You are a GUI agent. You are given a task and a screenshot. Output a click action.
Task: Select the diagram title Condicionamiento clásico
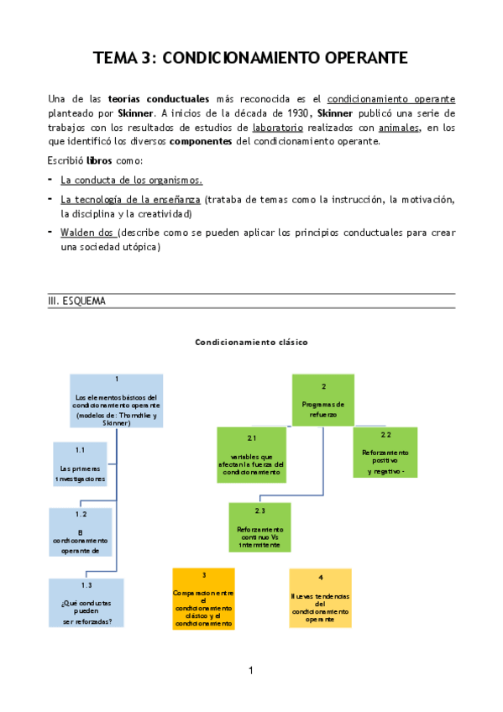(252, 342)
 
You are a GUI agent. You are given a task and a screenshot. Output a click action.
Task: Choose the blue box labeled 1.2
(81, 532)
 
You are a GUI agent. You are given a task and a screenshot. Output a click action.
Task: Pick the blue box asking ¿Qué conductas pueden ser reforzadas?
(86, 603)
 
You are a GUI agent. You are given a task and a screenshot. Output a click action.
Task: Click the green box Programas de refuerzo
(323, 400)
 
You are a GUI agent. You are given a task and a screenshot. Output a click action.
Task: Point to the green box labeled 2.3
(259, 527)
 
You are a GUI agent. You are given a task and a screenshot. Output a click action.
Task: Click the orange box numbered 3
(203, 599)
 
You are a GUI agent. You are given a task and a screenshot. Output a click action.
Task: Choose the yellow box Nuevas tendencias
(320, 598)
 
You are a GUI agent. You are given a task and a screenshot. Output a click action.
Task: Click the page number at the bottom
(250, 670)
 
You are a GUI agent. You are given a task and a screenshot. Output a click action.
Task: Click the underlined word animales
(398, 128)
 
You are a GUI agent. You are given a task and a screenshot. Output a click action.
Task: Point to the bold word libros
(100, 160)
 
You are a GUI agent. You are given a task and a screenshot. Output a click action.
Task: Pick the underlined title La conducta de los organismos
(131, 181)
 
